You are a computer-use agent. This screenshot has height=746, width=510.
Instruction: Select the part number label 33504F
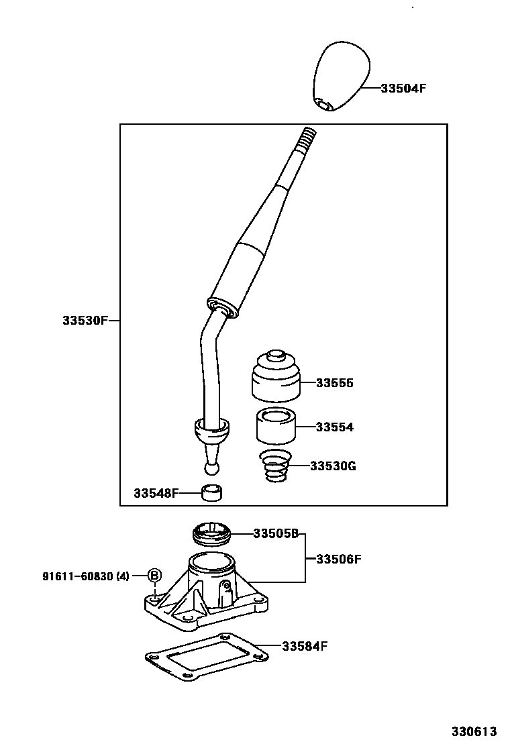point(403,88)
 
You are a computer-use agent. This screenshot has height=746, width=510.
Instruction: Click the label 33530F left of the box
point(85,321)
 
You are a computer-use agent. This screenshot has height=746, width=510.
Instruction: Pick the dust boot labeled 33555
point(274,376)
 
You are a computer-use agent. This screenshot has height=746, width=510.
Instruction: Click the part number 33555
point(334,384)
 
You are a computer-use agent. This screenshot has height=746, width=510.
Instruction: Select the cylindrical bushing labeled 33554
point(275,426)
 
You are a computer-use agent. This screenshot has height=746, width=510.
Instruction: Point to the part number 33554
point(334,427)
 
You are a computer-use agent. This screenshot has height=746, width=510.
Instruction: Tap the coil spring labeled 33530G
point(273,466)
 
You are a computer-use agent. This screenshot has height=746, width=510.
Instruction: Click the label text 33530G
point(333,466)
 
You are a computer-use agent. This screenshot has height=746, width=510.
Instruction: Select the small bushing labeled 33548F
point(213,494)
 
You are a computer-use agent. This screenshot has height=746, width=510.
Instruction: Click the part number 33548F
point(156,494)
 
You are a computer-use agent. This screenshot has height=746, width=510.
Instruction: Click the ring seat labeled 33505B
point(212,534)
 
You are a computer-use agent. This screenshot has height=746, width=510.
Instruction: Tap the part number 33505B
point(276,534)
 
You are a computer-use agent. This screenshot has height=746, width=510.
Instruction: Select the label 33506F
point(339,558)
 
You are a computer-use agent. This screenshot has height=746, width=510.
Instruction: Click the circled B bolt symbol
point(154,575)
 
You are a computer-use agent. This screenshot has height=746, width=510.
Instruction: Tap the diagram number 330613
point(473,731)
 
